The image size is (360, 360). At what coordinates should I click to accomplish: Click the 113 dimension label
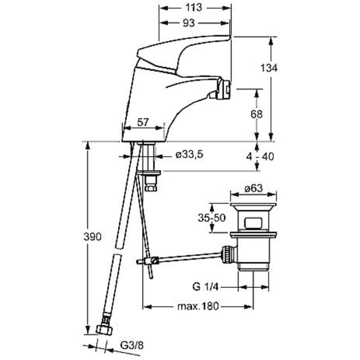(x=193, y=8)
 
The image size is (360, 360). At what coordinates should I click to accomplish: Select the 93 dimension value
(x=189, y=23)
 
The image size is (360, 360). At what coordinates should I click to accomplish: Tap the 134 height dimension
(x=269, y=68)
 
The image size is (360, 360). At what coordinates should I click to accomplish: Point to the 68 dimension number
(x=256, y=114)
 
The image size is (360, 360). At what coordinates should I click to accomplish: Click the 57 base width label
(x=143, y=122)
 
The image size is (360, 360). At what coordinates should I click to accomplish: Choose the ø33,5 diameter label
(x=189, y=154)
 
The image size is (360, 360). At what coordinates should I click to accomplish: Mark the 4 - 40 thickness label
(x=260, y=156)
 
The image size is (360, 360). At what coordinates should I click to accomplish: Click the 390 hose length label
(x=93, y=237)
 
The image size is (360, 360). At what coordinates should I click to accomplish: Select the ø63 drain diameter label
(x=254, y=189)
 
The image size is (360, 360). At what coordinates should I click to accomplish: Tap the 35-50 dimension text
(x=212, y=218)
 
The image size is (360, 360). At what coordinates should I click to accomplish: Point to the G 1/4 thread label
(x=205, y=287)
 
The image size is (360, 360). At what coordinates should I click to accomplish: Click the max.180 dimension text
(x=199, y=306)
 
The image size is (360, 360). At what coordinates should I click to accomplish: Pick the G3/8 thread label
(x=132, y=345)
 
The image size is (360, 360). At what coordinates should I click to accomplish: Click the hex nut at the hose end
(x=104, y=330)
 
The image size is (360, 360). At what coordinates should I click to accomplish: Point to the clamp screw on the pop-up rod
(x=155, y=260)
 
